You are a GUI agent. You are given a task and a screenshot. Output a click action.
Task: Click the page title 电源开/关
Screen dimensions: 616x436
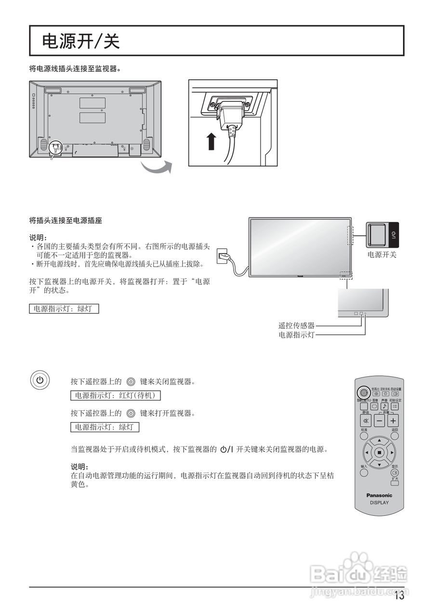click(x=81, y=41)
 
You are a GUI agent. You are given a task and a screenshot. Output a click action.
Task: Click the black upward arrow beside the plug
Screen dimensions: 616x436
click(x=211, y=141)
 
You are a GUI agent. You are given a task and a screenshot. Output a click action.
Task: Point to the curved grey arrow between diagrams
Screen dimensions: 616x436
click(x=157, y=168)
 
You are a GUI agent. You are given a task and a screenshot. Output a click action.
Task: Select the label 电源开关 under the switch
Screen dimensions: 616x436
click(x=382, y=255)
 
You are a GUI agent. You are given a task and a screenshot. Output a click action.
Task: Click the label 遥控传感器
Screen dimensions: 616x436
click(x=296, y=326)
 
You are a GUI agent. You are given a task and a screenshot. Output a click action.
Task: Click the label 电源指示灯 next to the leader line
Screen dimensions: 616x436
click(x=296, y=335)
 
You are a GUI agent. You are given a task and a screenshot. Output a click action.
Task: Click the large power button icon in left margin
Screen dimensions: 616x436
click(x=40, y=380)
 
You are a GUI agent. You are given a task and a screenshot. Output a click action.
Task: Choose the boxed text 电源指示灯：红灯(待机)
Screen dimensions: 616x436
click(x=115, y=396)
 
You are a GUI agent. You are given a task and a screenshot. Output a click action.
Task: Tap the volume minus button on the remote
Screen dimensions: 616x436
click(x=379, y=421)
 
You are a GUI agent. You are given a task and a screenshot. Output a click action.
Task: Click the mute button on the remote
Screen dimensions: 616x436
click(x=365, y=421)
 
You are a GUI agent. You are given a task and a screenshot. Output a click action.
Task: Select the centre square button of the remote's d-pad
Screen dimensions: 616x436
click(x=379, y=452)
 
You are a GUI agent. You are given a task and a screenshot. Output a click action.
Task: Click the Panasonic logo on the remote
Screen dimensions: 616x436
click(x=379, y=495)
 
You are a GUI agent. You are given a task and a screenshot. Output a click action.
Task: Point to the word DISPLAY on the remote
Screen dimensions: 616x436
click(x=379, y=502)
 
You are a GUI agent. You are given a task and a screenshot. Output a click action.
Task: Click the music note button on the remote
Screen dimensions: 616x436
click(x=384, y=406)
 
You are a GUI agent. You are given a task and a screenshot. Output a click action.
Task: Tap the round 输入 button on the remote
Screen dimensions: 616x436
click(x=364, y=473)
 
